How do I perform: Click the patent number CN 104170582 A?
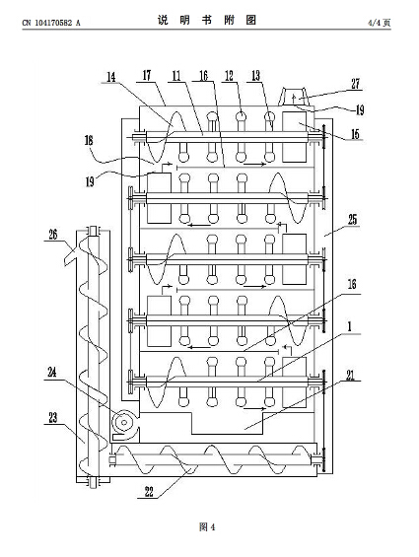click(x=51, y=23)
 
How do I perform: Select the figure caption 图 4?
click(x=207, y=526)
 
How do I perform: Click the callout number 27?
click(x=355, y=84)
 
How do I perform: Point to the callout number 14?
click(x=111, y=77)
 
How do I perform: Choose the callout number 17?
click(x=147, y=75)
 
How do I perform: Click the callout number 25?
click(x=352, y=220)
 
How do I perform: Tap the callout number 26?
click(x=53, y=235)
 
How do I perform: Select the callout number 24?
click(x=52, y=373)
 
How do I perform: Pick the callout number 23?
click(x=53, y=417)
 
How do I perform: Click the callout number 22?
click(x=149, y=492)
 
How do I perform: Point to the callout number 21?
click(x=351, y=376)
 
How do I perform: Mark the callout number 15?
click(x=355, y=134)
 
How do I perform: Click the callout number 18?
click(x=89, y=140)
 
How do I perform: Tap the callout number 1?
click(x=350, y=327)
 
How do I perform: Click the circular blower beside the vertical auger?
click(x=125, y=423)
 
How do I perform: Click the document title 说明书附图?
click(x=207, y=21)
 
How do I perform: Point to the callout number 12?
click(x=230, y=75)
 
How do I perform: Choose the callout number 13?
click(x=256, y=75)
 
